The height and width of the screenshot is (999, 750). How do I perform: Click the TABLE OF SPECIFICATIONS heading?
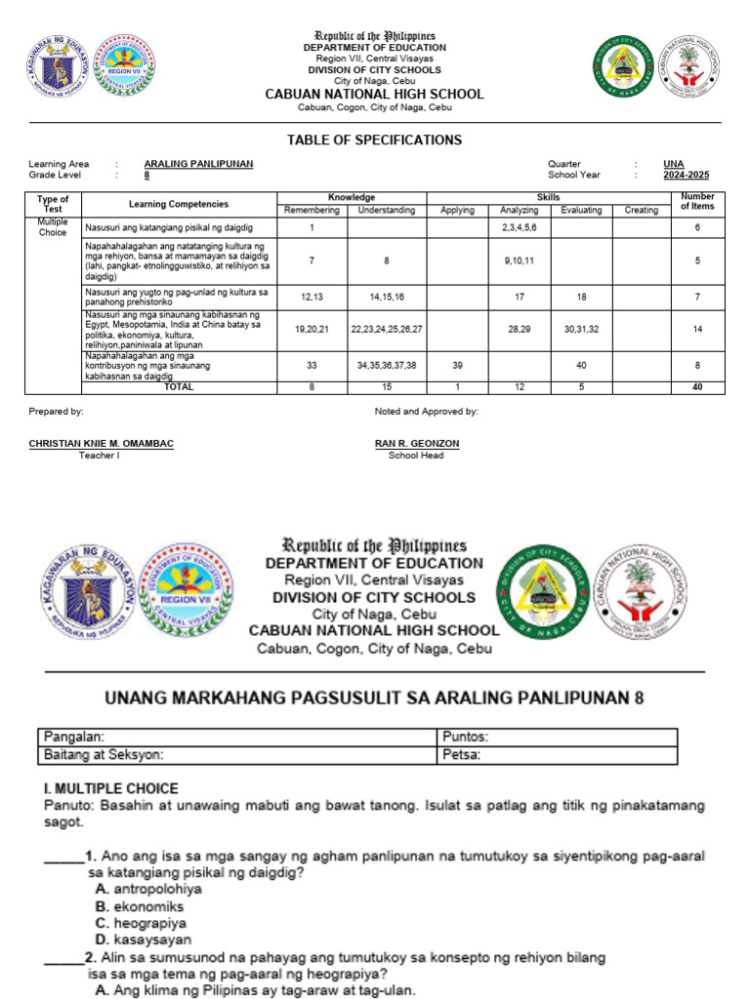[x=374, y=140]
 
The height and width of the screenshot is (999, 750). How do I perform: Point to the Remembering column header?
[x=312, y=210]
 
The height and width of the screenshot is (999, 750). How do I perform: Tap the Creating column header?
[x=641, y=210]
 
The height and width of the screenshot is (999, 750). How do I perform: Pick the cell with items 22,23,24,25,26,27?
[x=387, y=330]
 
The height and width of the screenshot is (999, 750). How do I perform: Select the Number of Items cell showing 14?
[x=698, y=330]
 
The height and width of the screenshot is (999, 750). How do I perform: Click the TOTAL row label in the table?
[x=178, y=387]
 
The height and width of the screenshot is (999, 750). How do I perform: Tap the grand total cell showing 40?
[x=698, y=387]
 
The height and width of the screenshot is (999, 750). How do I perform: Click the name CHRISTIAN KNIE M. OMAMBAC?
[x=102, y=444]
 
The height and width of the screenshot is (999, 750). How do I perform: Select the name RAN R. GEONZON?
[x=417, y=444]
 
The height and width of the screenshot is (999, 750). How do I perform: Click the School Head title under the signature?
[x=416, y=455]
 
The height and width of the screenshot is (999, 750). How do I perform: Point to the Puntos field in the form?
[x=464, y=738]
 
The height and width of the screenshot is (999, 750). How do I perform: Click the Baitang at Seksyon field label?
[x=103, y=755]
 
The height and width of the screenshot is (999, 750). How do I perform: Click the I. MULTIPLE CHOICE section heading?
[x=110, y=788]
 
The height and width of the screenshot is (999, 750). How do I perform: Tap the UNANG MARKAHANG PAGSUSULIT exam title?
[x=374, y=699]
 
